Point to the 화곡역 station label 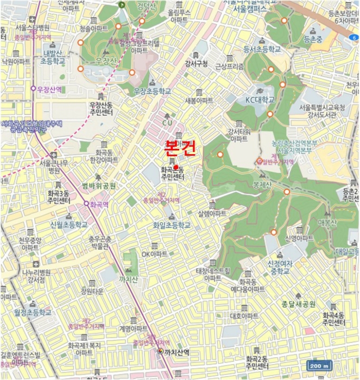click(99, 205)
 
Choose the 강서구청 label click(196, 63)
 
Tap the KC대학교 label click(260, 100)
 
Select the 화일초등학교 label click(172, 225)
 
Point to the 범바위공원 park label click(99, 186)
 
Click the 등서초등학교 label click(262, 49)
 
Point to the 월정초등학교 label click(33, 313)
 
